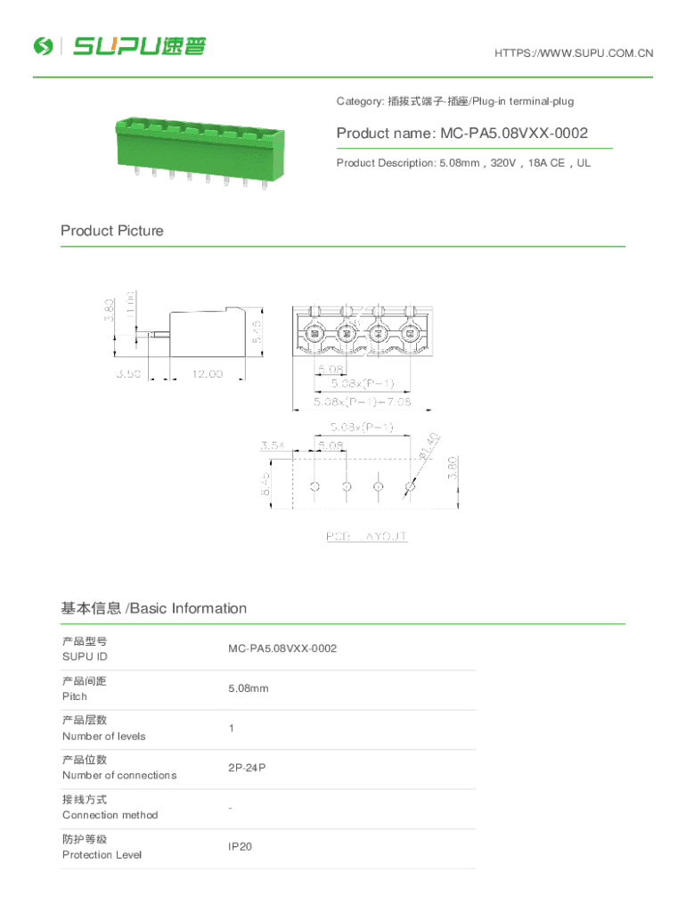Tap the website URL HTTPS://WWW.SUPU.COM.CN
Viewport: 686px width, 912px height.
(x=573, y=53)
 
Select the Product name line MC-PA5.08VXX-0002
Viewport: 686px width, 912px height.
(x=461, y=134)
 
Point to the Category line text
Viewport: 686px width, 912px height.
(x=454, y=102)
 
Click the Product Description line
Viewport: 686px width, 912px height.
(x=462, y=163)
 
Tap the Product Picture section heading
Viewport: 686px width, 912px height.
(x=112, y=231)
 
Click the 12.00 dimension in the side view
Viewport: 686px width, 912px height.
(x=208, y=374)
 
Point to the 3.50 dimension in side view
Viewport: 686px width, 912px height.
(x=127, y=374)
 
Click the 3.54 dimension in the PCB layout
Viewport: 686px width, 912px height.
(x=273, y=444)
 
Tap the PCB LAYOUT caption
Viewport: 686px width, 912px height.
(x=365, y=536)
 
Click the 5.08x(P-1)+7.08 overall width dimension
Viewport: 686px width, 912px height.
(x=362, y=402)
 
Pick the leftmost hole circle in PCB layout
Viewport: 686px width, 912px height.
(x=314, y=486)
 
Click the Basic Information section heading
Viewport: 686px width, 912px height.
(x=153, y=608)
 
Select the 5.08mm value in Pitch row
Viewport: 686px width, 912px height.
(x=248, y=688)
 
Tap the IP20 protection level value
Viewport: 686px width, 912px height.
(x=240, y=846)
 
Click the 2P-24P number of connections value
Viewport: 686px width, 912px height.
(x=246, y=767)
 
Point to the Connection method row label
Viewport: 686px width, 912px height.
(x=110, y=815)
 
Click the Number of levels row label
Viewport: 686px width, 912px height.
(x=103, y=736)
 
